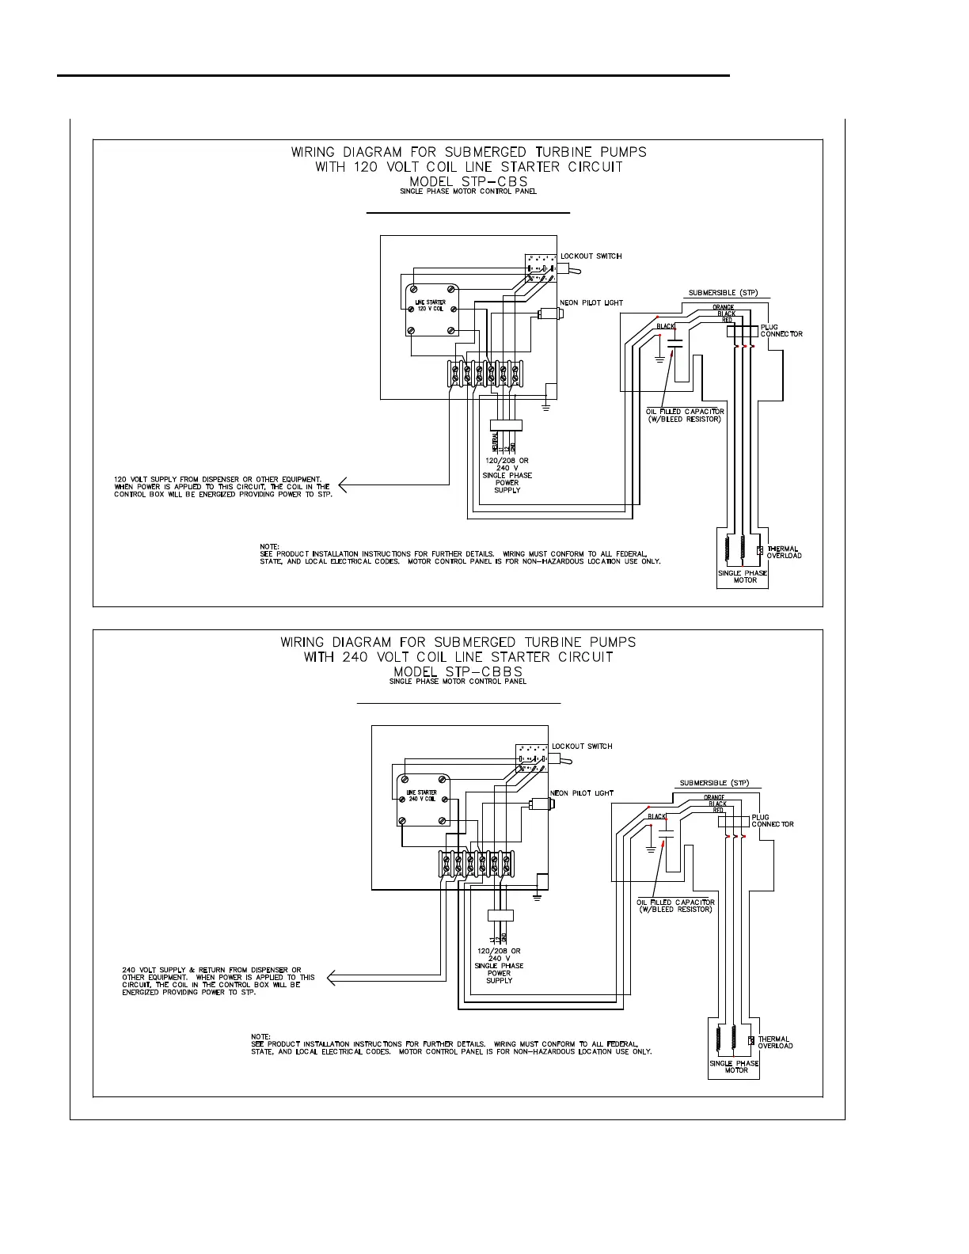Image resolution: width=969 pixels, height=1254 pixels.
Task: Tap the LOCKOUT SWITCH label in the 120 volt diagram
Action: pyautogui.click(x=591, y=256)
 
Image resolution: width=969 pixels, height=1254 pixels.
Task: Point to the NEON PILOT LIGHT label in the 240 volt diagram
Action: pyautogui.click(x=583, y=793)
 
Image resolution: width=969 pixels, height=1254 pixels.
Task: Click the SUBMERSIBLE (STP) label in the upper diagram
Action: pyautogui.click(x=723, y=293)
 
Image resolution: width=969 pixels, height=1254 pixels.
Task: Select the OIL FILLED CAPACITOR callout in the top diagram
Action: pyautogui.click(x=685, y=415)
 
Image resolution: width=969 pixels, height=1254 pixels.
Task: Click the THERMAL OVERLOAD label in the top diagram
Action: pyautogui.click(x=784, y=552)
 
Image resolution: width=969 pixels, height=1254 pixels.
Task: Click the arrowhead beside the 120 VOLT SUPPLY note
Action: pyautogui.click(x=344, y=484)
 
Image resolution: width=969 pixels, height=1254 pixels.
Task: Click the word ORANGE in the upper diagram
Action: pyautogui.click(x=723, y=307)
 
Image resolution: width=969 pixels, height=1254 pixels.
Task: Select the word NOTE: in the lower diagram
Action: pyautogui.click(x=260, y=1036)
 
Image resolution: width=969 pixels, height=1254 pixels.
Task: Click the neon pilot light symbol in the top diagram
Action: pyautogui.click(x=549, y=313)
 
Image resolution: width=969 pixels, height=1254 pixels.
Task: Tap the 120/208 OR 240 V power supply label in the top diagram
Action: pyautogui.click(x=507, y=475)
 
